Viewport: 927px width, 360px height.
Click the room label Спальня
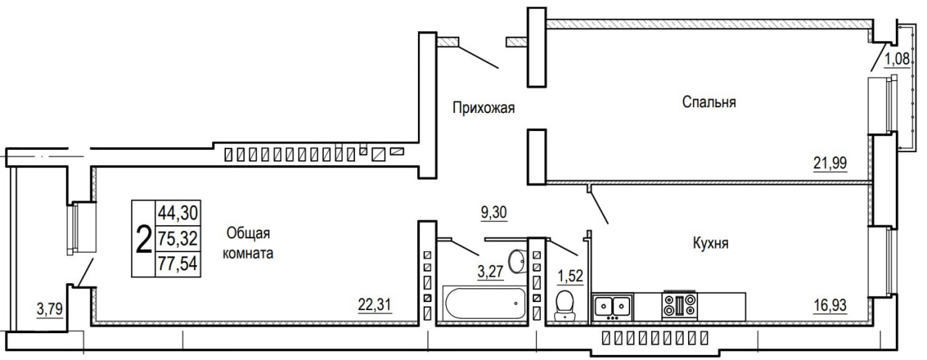tap(709, 102)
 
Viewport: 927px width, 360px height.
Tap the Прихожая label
tap(483, 108)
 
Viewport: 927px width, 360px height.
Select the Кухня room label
tap(710, 243)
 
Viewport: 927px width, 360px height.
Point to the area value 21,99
tap(830, 163)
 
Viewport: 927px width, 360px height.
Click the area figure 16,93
tap(830, 306)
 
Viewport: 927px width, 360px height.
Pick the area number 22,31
tap(374, 305)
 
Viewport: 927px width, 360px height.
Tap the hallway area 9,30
tap(494, 212)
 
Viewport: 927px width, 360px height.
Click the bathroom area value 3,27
tap(490, 272)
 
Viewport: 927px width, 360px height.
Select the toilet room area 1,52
tap(570, 276)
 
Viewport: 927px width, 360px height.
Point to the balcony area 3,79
tap(50, 309)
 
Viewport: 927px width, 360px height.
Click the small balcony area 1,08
tap(897, 59)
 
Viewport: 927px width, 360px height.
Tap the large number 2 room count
tap(143, 239)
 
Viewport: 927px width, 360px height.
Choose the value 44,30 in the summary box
tap(178, 213)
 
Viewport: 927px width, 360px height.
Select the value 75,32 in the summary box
tap(178, 239)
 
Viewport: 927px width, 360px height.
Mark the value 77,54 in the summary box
tap(178, 264)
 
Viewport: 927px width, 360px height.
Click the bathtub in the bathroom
tap(485, 303)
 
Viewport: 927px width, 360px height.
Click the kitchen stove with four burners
tap(679, 306)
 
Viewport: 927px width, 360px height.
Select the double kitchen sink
tap(613, 307)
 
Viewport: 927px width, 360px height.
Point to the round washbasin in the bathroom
tap(516, 261)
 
